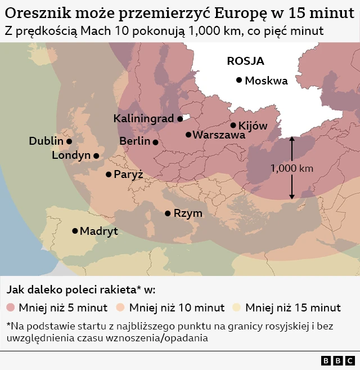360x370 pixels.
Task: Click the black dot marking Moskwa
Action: click(x=239, y=81)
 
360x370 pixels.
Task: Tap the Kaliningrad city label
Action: click(x=143, y=119)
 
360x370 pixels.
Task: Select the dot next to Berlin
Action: click(x=155, y=142)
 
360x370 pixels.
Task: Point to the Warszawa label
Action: click(x=219, y=135)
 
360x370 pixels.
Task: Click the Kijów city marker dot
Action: click(x=233, y=126)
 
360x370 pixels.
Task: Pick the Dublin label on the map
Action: click(x=46, y=141)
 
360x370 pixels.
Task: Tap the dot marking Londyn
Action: click(x=96, y=155)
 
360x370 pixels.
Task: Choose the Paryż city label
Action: click(x=128, y=175)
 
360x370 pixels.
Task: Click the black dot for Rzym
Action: click(x=168, y=213)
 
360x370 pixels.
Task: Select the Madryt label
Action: click(x=98, y=231)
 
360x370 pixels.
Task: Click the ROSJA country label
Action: click(x=245, y=61)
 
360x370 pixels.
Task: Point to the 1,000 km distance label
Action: click(x=291, y=168)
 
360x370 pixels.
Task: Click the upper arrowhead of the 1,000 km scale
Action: click(x=291, y=139)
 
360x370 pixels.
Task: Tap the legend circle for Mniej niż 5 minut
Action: click(x=11, y=307)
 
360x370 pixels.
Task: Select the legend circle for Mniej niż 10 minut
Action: click(x=121, y=307)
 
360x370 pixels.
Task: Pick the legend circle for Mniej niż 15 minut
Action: click(x=237, y=307)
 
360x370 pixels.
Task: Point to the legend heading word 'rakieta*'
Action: click(x=119, y=290)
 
